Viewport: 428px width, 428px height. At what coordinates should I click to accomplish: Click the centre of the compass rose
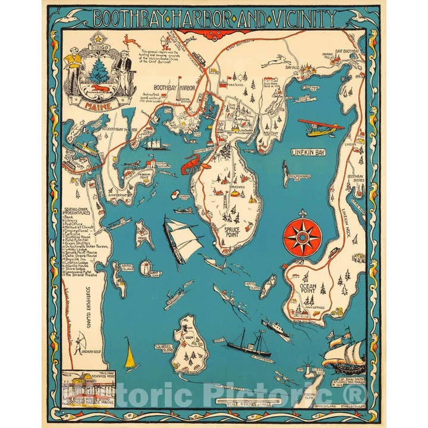[x=302, y=236]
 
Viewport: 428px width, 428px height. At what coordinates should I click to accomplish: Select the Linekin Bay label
[x=309, y=152]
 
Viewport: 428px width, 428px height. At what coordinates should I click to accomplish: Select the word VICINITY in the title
[x=294, y=18]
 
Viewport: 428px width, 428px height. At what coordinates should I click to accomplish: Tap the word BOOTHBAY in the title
[x=125, y=18]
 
